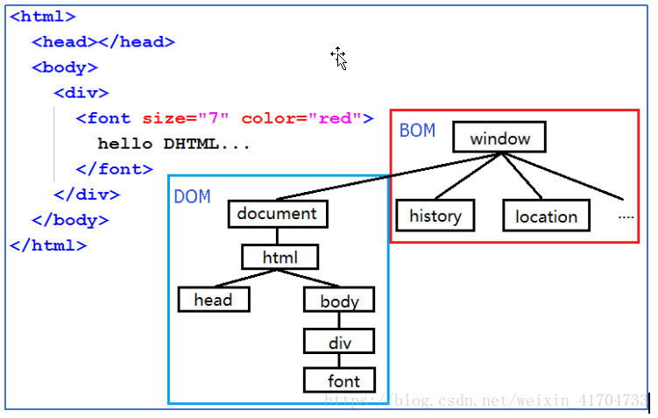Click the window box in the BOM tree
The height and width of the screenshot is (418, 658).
499,138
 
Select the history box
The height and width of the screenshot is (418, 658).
435,216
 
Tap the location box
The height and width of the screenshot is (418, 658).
546,216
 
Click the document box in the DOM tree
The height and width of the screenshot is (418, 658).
277,214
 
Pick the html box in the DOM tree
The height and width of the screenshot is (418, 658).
280,257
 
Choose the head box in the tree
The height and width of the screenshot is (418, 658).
213,300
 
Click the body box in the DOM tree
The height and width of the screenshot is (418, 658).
339,301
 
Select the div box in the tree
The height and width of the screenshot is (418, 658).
339,342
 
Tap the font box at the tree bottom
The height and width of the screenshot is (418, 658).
343,380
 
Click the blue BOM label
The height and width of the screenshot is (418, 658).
417,131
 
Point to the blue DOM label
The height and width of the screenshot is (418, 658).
192,196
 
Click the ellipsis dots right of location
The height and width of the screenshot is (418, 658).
626,216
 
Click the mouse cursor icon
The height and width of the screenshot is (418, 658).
339,58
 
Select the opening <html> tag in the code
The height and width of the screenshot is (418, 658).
43,17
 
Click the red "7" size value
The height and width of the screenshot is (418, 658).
214,118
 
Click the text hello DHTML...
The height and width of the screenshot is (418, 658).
173,144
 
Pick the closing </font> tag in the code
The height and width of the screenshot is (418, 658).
114,169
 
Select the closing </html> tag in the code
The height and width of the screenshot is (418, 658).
48,245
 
